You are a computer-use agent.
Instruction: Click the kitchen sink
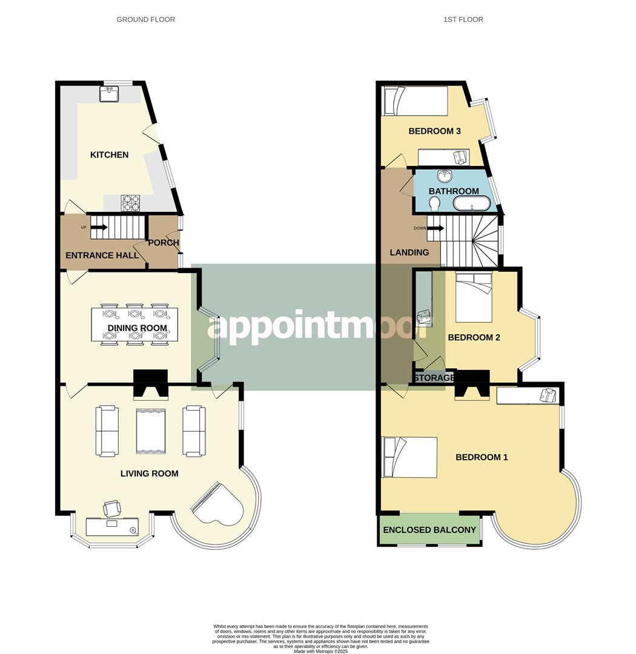click(x=111, y=94)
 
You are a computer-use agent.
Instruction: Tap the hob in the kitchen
click(x=130, y=203)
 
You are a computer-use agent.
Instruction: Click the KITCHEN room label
click(x=109, y=155)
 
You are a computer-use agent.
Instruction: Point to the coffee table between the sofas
click(x=150, y=431)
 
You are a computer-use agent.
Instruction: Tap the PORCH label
click(x=164, y=243)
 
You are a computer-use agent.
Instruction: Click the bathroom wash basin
click(x=446, y=177)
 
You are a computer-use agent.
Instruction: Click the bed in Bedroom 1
click(x=409, y=457)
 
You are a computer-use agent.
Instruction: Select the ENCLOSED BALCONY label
click(x=429, y=530)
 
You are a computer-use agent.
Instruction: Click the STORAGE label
click(x=434, y=378)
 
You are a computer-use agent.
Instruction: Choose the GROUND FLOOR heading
click(x=145, y=19)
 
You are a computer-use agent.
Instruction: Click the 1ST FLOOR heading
click(x=463, y=19)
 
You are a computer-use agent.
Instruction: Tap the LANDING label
click(x=409, y=253)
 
